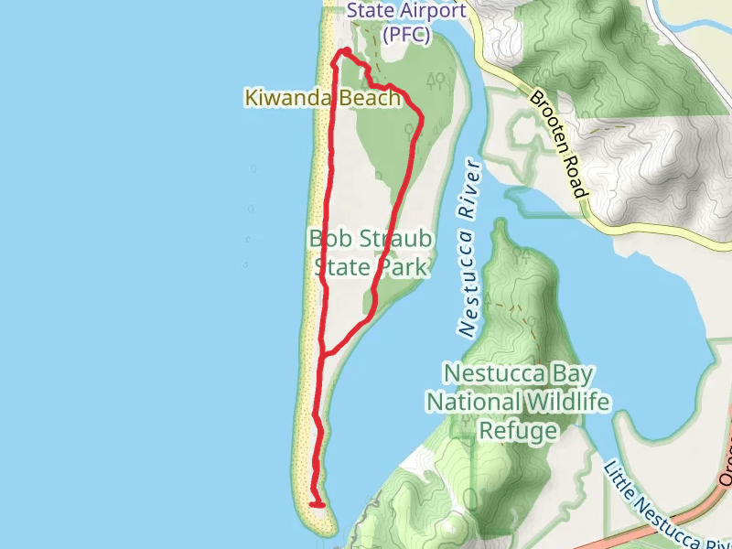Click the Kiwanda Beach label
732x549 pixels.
(322, 97)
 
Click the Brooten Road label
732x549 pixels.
(556, 144)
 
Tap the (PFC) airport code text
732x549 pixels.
(404, 35)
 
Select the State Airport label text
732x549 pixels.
(406, 11)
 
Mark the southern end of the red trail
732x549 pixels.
(321, 504)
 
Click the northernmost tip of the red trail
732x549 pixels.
(347, 51)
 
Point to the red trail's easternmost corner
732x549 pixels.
(422, 116)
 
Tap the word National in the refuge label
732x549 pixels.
(471, 402)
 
